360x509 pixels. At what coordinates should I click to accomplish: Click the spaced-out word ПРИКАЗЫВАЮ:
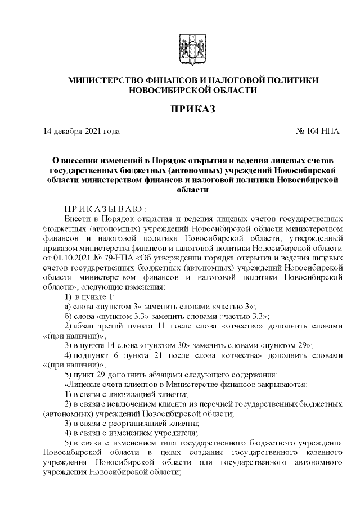coord(98,209)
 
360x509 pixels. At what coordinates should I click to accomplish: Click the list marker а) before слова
coord(68,306)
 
